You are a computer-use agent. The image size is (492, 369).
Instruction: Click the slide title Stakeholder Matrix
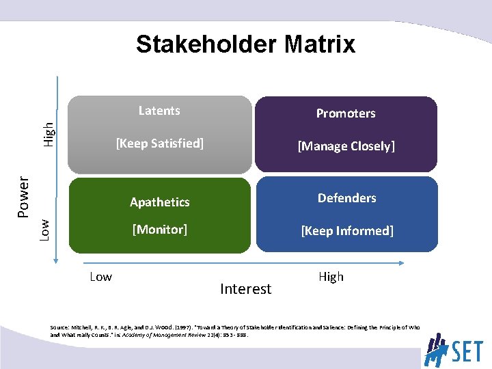tap(245, 44)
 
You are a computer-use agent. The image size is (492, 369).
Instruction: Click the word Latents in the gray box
tap(159, 111)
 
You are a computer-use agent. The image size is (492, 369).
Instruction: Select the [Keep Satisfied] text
tap(160, 143)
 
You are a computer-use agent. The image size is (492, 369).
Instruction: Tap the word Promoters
tap(345, 113)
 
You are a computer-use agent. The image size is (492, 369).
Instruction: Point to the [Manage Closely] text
tap(345, 146)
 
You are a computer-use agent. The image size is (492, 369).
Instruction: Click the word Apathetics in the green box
tap(160, 202)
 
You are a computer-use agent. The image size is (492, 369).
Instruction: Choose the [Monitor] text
tap(160, 230)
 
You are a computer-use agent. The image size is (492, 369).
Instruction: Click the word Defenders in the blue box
tap(346, 198)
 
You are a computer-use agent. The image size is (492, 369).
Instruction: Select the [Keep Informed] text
tap(346, 231)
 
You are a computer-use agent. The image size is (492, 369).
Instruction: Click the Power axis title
tap(23, 197)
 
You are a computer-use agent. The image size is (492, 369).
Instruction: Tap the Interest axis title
tap(245, 289)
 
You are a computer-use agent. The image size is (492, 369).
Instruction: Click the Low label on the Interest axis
tap(101, 277)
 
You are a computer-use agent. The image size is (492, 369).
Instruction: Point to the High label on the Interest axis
tap(331, 277)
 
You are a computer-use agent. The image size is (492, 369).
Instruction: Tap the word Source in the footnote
tap(59, 328)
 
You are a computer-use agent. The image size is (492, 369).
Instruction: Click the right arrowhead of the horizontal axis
tap(405, 262)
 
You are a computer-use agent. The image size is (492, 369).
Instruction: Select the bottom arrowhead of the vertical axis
tap(59, 258)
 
